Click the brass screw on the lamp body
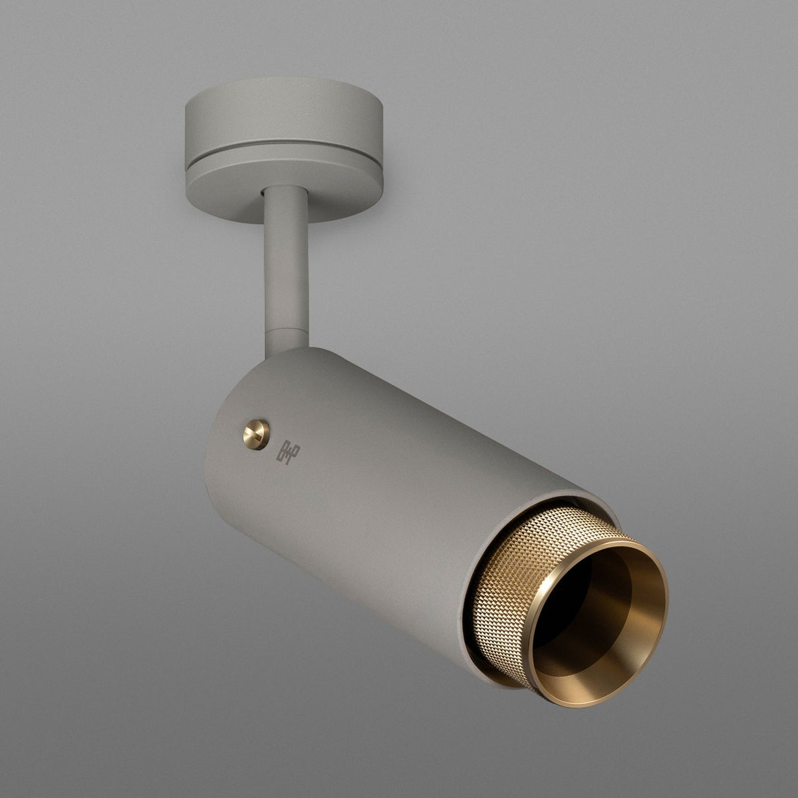click(256, 434)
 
